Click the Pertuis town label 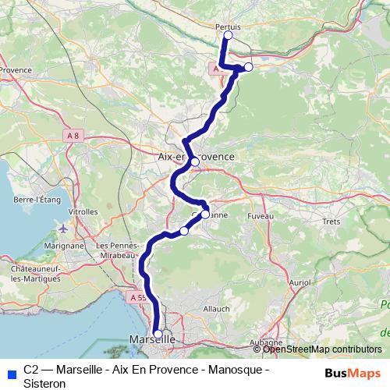point(228,25)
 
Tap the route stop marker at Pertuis point(229,35)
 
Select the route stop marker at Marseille point(158,334)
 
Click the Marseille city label point(151,341)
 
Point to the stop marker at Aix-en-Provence point(194,162)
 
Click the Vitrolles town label point(83,211)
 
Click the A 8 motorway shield point(73,136)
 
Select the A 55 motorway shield point(138,297)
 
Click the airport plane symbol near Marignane point(64,229)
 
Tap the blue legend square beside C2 point(9,371)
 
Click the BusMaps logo point(353,371)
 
